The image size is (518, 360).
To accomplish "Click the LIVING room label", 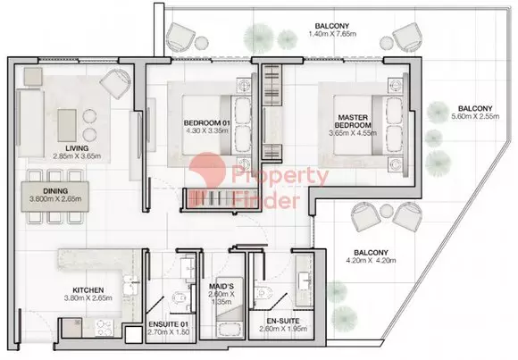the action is click(77, 148).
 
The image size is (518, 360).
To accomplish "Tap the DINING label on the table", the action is click(55, 191).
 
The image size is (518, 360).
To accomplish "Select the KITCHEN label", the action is click(88, 290).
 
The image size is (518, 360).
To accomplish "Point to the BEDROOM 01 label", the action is click(207, 122).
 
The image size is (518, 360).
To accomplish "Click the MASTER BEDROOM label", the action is click(353, 121).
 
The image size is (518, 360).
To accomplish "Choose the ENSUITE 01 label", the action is click(169, 324).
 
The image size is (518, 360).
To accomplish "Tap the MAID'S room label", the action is click(221, 286).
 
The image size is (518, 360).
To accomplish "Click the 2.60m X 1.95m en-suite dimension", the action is click(283, 329).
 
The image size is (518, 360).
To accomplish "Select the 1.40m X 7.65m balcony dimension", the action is click(332, 34).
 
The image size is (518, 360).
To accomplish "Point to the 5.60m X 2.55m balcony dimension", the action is click(475, 116).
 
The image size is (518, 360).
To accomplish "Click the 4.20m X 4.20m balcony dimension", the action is click(371, 261).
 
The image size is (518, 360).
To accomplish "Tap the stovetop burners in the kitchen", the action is click(104, 328).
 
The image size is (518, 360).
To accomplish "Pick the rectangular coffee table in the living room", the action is click(67, 125).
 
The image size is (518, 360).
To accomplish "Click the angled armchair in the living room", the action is click(115, 83).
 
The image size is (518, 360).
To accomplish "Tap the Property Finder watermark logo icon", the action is click(207, 170).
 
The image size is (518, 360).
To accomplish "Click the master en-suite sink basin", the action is click(304, 280).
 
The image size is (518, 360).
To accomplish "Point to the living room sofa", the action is click(29, 122).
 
